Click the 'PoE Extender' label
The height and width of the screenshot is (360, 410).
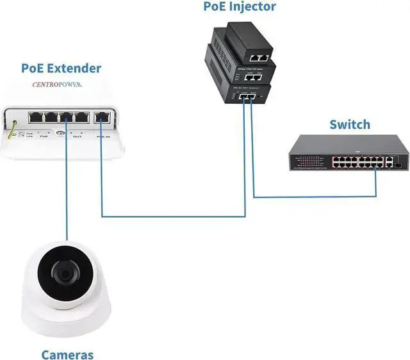click(x=61, y=68)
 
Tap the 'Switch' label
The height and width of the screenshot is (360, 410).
click(x=349, y=124)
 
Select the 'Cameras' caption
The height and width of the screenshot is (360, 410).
click(x=68, y=354)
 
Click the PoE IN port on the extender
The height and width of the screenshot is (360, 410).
click(x=102, y=118)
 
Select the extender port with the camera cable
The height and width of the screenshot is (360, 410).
click(x=66, y=118)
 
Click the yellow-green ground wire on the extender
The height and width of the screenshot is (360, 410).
click(x=10, y=128)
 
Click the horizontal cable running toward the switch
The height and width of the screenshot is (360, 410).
click(x=314, y=197)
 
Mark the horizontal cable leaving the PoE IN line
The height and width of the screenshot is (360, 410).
click(x=173, y=217)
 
